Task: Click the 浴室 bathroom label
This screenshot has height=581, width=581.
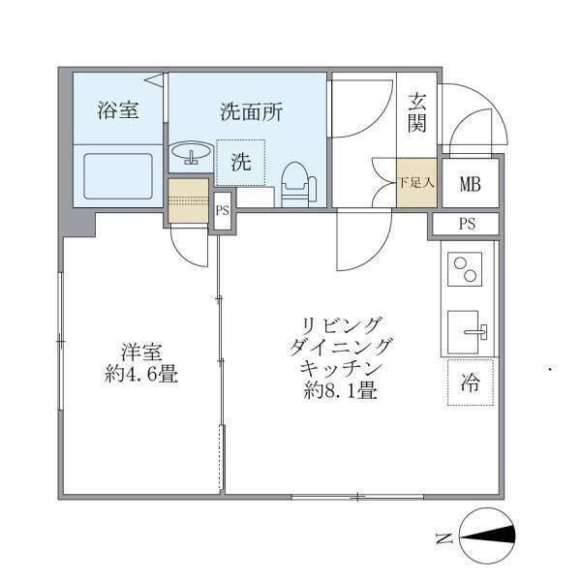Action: pos(117,110)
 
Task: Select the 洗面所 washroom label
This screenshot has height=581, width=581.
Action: pos(250,110)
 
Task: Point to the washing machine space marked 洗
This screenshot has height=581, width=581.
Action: pos(240,163)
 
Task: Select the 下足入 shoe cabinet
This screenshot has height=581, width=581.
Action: pos(417,180)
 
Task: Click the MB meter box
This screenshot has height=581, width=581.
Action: pos(471,181)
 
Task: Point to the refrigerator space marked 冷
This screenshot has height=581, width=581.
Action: pos(470,382)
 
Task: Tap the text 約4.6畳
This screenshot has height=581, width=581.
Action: pos(140,375)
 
